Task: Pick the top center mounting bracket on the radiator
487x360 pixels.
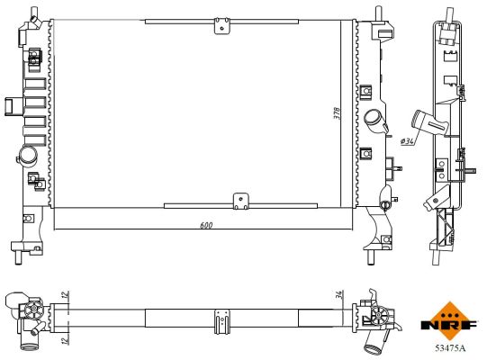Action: (x=221, y=24)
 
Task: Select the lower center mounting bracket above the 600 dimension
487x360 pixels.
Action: (x=239, y=202)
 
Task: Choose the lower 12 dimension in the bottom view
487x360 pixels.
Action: (x=66, y=340)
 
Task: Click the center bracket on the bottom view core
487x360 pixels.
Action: (x=220, y=320)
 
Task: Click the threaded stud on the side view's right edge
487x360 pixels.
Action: (x=470, y=169)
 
